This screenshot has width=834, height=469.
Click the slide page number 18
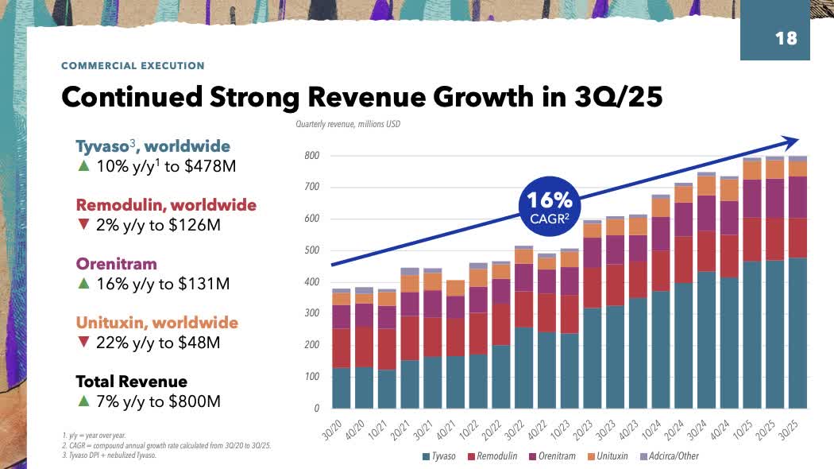(785, 37)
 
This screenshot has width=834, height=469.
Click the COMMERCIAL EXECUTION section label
(133, 66)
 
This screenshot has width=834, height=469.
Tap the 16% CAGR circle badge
(545, 205)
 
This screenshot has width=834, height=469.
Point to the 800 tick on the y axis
(311, 156)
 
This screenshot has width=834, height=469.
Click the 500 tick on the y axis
(311, 251)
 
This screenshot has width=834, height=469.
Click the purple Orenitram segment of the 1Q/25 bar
(751, 199)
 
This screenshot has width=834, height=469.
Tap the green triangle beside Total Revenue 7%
(83, 401)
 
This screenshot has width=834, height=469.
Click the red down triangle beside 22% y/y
(83, 343)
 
